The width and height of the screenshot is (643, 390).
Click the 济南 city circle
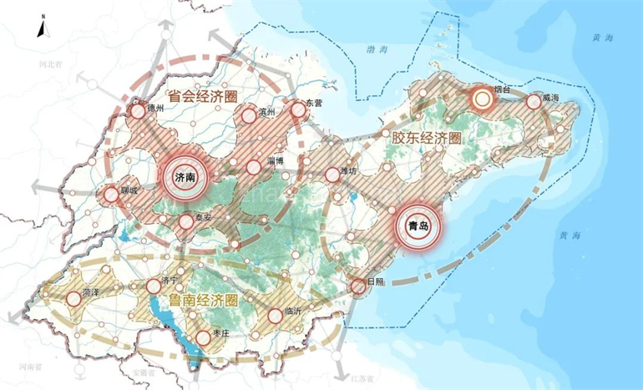click(185, 177)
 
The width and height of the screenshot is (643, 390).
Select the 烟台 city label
click(503, 89)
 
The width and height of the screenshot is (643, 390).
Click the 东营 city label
click(314, 103)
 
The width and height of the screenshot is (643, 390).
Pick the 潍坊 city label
click(347, 171)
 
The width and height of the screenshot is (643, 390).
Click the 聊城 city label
click(128, 190)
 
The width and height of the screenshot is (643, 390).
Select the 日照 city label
click(376, 282)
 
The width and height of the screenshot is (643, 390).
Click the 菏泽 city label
click(92, 294)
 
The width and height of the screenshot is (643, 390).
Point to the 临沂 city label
click(293, 310)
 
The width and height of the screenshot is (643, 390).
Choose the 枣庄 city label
click(221, 333)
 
